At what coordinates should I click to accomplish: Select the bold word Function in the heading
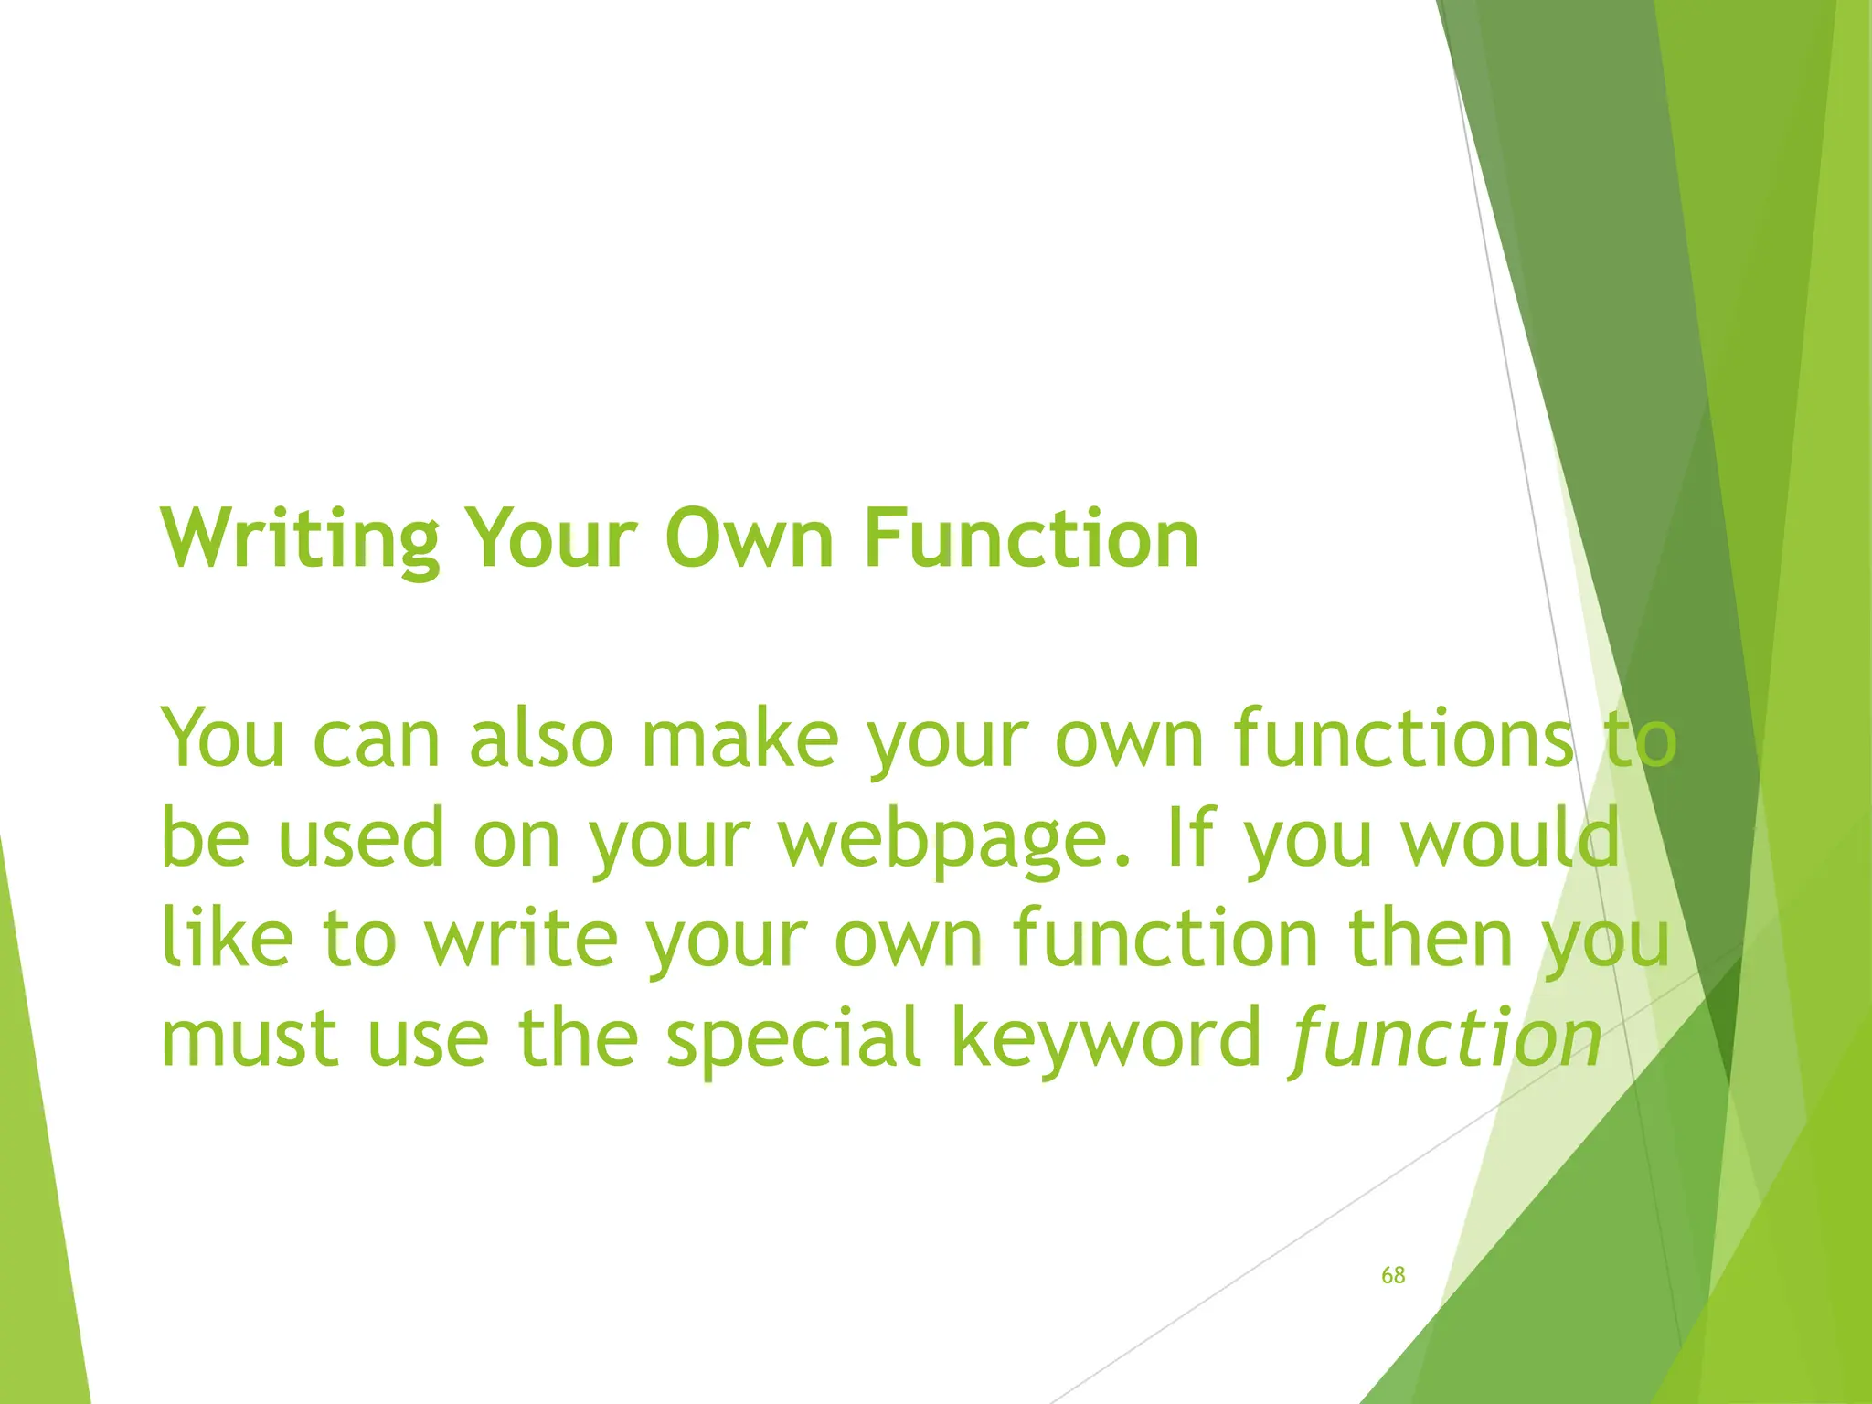click(x=1030, y=539)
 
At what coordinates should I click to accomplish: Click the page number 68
click(x=1393, y=1275)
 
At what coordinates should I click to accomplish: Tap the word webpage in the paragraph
click(x=955, y=839)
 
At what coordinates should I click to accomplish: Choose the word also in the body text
click(x=540, y=739)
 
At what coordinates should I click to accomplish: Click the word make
click(x=739, y=739)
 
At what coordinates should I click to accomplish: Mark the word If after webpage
click(x=1191, y=839)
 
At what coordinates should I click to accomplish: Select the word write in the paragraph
click(x=521, y=939)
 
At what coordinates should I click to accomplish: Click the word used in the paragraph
click(x=360, y=839)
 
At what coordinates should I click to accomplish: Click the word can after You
click(x=377, y=739)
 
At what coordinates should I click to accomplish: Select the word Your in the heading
click(x=549, y=539)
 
